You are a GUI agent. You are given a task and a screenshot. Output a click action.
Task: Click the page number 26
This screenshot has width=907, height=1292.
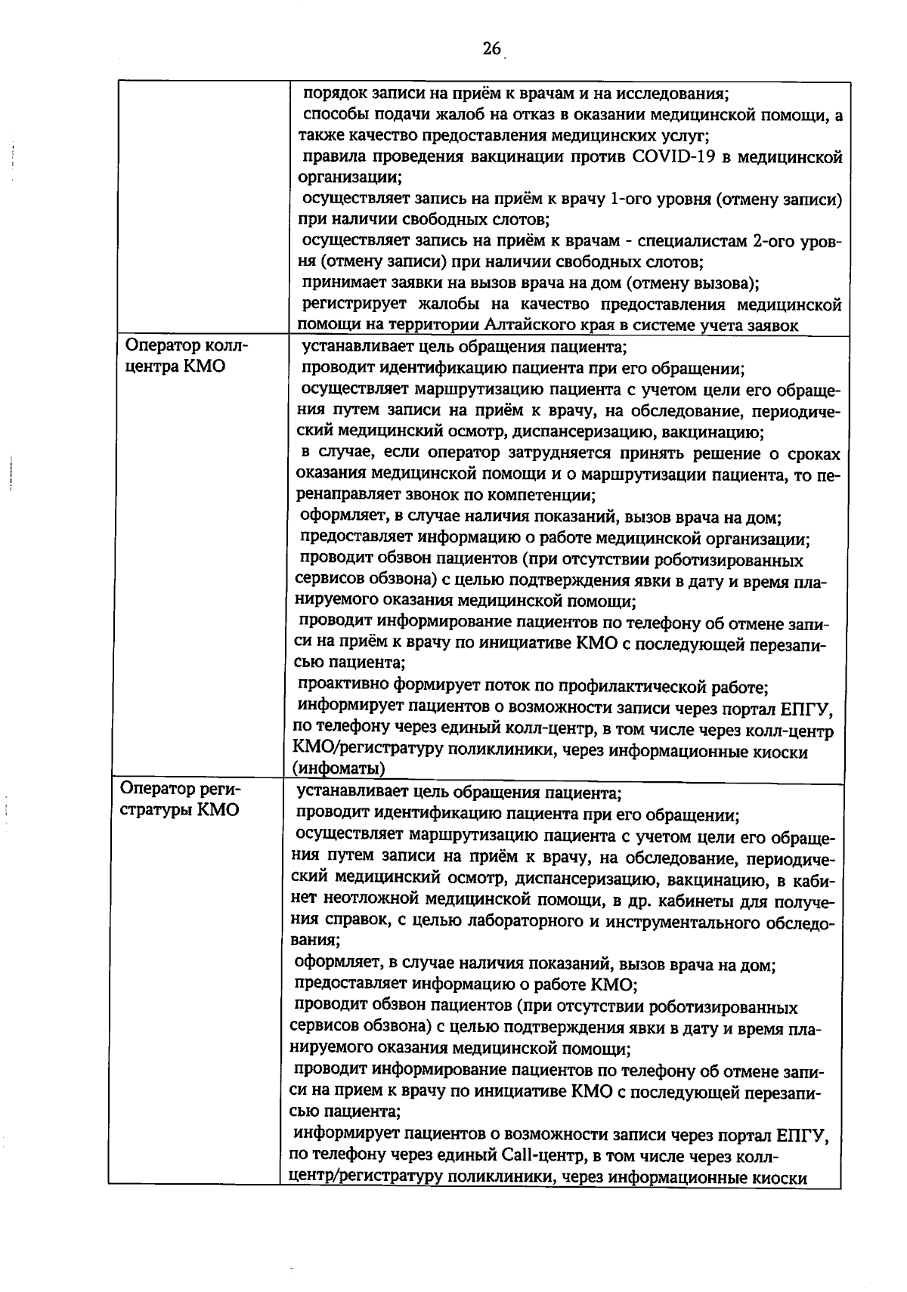[x=491, y=49]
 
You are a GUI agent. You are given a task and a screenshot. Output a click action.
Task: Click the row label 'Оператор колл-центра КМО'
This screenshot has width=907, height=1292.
[x=186, y=357]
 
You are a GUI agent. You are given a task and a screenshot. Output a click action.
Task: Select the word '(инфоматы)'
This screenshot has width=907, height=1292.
[x=339, y=769]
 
